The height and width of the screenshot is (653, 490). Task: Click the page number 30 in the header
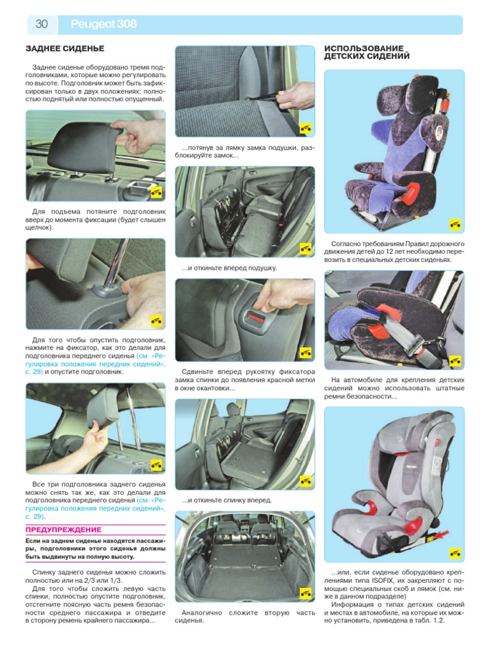pyautogui.click(x=41, y=24)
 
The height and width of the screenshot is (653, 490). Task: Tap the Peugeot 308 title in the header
pyautogui.click(x=104, y=24)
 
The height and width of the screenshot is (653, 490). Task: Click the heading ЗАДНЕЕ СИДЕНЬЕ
pyautogui.click(x=65, y=48)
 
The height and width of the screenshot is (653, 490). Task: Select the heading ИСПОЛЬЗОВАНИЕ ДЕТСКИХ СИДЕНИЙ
pyautogui.click(x=367, y=52)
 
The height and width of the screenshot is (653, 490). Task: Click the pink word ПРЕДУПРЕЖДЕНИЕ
pyautogui.click(x=63, y=530)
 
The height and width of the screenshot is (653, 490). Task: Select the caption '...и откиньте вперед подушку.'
pyautogui.click(x=229, y=268)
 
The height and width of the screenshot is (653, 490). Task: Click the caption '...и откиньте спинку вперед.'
pyautogui.click(x=226, y=500)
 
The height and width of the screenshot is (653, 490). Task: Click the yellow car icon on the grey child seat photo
pyautogui.click(x=455, y=553)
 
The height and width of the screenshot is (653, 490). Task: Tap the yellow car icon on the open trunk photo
pyautogui.click(x=306, y=592)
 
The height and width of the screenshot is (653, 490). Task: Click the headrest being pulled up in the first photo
pyautogui.click(x=87, y=148)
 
